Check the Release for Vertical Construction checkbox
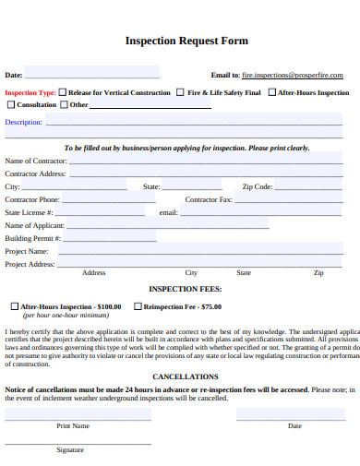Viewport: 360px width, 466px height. click(63, 92)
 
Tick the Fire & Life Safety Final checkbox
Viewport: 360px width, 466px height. click(181, 92)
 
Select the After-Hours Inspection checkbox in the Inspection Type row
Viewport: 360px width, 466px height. click(272, 92)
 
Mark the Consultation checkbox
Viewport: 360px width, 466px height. click(11, 104)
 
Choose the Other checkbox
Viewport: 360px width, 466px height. click(66, 104)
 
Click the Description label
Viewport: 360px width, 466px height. click(23, 122)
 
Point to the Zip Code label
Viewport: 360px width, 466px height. click(257, 186)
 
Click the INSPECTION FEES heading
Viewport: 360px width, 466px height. click(186, 289)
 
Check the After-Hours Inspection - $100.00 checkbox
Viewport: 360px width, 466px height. click(14, 305)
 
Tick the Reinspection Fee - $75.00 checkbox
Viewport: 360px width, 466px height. click(138, 305)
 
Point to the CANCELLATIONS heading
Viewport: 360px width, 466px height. click(186, 376)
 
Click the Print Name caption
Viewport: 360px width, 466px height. click(73, 425)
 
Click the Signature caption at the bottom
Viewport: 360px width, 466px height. click(70, 449)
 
